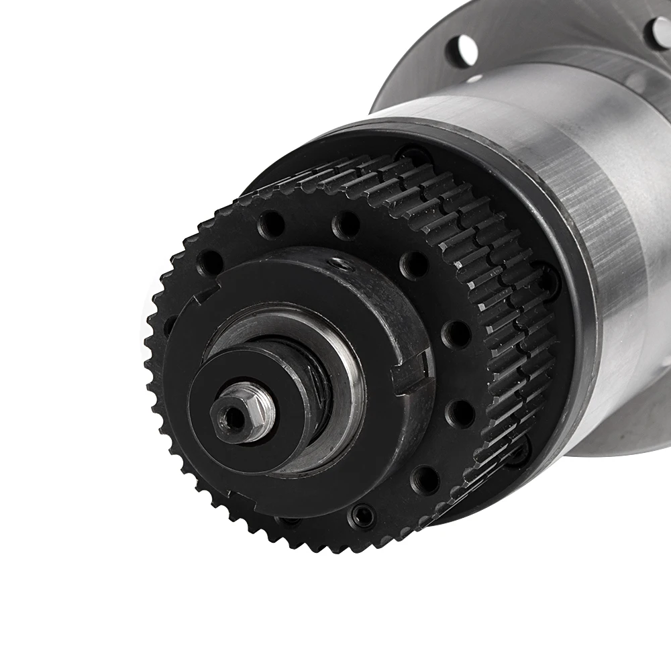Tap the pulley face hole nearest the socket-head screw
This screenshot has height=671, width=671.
pos(424,479)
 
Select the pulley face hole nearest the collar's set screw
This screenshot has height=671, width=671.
pos(346,225)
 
